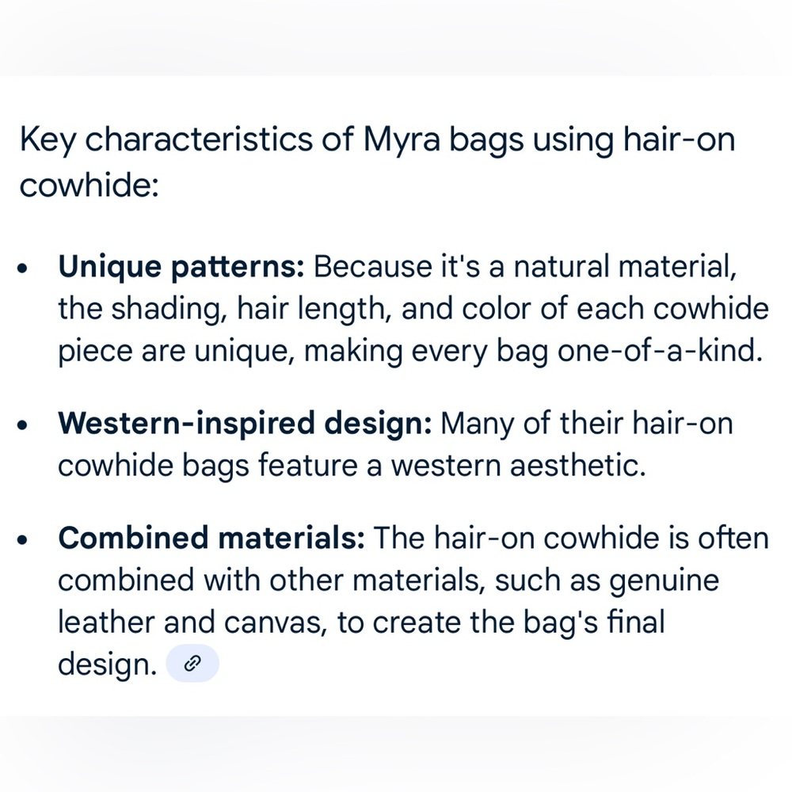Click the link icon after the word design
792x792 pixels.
click(x=192, y=664)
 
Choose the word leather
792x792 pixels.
click(x=106, y=623)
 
